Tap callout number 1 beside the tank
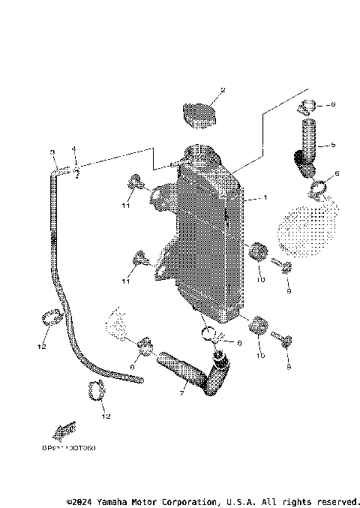[265, 199]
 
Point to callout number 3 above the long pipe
[53, 153]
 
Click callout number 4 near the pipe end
[74, 149]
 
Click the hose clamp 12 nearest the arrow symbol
[95, 389]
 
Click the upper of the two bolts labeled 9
[282, 266]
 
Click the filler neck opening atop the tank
[201, 156]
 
